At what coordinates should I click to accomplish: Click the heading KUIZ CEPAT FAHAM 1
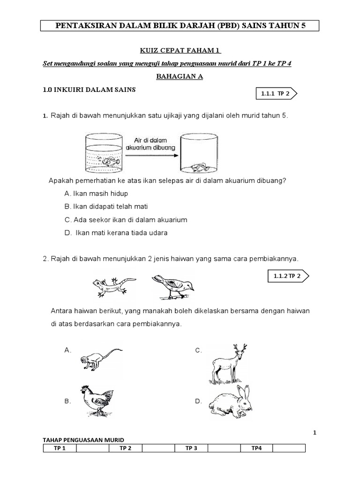[x=180, y=50]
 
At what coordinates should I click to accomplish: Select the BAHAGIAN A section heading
[x=180, y=77]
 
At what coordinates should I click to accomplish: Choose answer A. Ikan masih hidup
[x=96, y=193]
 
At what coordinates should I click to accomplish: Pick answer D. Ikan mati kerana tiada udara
[x=116, y=232]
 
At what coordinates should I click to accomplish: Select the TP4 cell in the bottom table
[x=256, y=448]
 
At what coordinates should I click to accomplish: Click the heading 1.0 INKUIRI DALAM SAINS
[x=89, y=90]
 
